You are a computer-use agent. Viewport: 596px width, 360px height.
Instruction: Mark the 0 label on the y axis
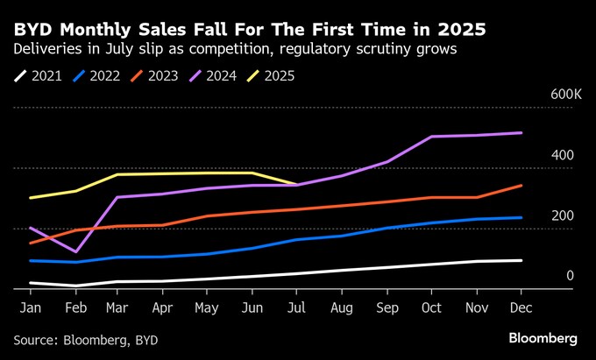pos(570,276)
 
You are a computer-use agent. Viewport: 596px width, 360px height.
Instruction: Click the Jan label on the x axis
pos(30,307)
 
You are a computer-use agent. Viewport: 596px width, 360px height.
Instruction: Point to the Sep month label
pos(388,307)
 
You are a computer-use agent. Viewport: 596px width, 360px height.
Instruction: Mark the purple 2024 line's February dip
pos(75,252)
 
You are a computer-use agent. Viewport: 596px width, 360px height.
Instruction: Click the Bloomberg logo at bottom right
pos(543,338)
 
